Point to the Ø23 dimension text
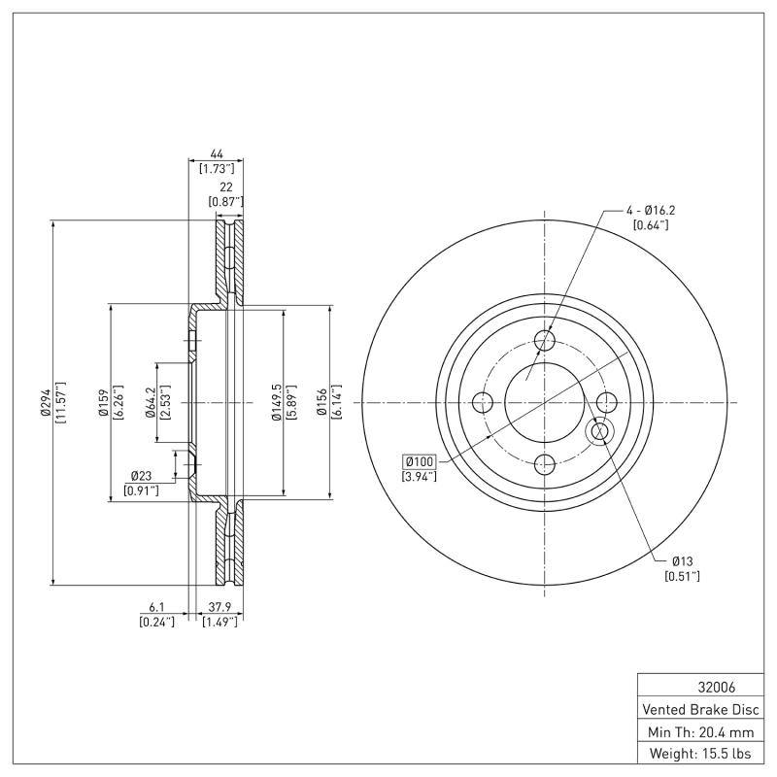(142, 476)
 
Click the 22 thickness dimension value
(224, 186)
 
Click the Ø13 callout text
(682, 560)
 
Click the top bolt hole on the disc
(545, 341)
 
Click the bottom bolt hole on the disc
(545, 464)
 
